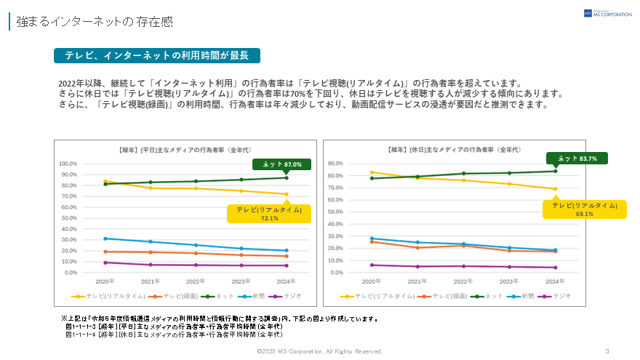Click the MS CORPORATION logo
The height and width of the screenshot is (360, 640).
607,13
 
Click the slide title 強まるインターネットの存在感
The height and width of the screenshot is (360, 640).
95,21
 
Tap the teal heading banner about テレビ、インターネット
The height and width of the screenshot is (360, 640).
157,55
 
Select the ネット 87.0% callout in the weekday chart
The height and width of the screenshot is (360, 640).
281,164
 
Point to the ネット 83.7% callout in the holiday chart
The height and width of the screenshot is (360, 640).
577,158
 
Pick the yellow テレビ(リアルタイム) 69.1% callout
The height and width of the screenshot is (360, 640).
584,209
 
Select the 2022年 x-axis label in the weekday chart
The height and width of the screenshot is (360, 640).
196,281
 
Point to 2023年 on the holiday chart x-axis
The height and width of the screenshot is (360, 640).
509,281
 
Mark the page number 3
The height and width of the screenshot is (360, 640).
607,351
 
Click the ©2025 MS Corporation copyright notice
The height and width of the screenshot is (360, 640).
319,351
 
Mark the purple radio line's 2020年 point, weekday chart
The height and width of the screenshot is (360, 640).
105,263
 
